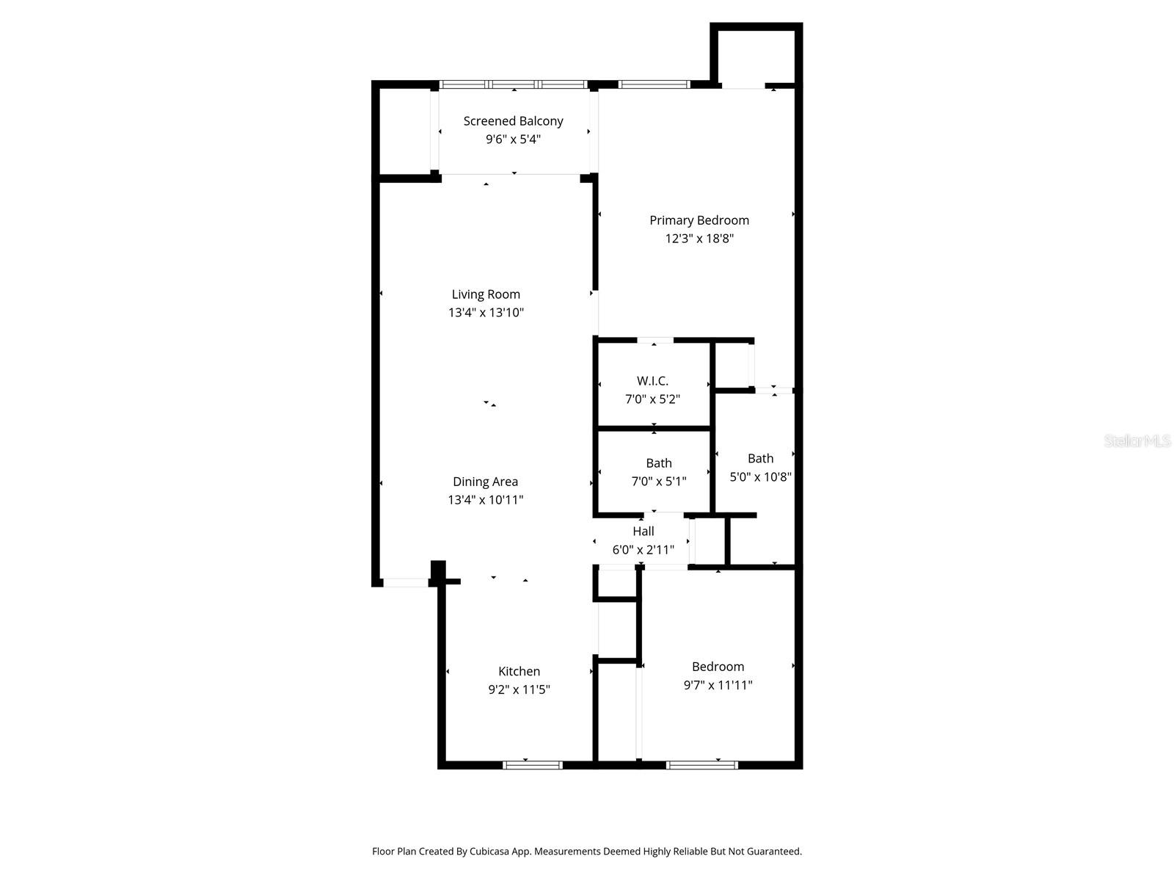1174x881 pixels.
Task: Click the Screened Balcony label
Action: [x=513, y=121]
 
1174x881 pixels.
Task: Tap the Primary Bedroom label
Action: [x=699, y=220]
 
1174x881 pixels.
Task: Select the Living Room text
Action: [x=486, y=294]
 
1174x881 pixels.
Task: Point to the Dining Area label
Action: [x=485, y=482]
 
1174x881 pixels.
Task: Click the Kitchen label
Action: [x=519, y=671]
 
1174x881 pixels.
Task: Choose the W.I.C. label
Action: [x=652, y=381]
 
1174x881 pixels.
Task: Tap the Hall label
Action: [x=643, y=531]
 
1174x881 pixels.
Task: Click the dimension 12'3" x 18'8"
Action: [x=699, y=239]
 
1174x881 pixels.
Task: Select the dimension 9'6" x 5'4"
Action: [x=513, y=139]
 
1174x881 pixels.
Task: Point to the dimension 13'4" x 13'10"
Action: [x=486, y=313]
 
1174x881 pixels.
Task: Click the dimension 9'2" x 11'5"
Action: [x=519, y=689]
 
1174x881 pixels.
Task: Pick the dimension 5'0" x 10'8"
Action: [x=760, y=476]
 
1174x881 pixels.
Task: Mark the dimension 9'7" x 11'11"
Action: [x=718, y=685]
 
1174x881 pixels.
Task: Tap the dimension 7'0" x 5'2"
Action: [x=652, y=399]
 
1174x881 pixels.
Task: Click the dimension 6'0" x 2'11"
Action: [x=643, y=549]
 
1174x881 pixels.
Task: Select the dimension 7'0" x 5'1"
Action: [x=658, y=482]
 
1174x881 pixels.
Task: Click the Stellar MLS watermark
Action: [x=1137, y=441]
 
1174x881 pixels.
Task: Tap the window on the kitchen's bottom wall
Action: [x=533, y=765]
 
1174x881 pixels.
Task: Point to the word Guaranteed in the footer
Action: [x=773, y=852]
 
